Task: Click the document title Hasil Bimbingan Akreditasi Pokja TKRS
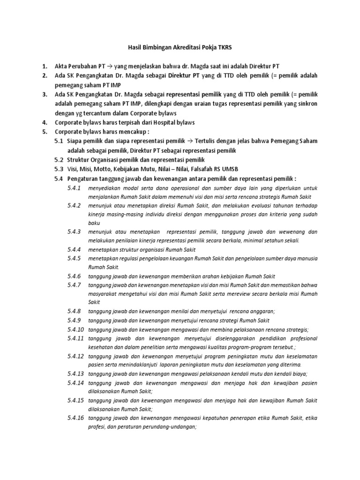(180, 47)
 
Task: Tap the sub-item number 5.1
(59, 141)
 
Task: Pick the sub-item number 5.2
(59, 160)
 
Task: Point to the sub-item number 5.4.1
(74, 188)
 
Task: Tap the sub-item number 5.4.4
(74, 249)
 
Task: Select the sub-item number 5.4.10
(75, 329)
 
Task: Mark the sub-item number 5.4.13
(75, 374)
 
